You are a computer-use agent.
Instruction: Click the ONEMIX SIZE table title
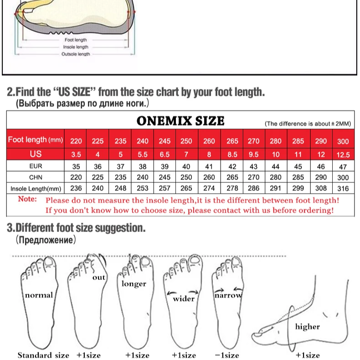(x=180, y=121)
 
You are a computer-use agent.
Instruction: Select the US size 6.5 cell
(x=165, y=154)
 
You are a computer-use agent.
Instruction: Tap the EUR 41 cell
(x=209, y=166)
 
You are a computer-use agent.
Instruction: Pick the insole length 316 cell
(x=343, y=189)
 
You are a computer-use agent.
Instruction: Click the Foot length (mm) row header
(x=36, y=139)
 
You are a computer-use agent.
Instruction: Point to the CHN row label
(x=36, y=177)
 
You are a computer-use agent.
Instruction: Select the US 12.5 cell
(x=343, y=155)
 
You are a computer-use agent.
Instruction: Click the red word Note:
(x=27, y=199)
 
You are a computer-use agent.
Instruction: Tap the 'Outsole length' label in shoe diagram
(x=76, y=54)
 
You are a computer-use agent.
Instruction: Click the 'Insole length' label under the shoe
(x=76, y=47)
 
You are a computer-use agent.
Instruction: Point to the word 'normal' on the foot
(x=39, y=295)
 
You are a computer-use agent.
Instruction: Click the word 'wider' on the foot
(x=184, y=298)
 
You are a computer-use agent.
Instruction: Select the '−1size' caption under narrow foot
(x=227, y=355)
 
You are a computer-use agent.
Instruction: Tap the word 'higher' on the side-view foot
(x=308, y=326)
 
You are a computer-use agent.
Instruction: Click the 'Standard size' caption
(x=43, y=355)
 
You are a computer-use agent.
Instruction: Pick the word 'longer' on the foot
(x=134, y=284)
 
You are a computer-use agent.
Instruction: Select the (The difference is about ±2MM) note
(x=308, y=124)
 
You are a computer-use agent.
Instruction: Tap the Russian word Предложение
(x=46, y=240)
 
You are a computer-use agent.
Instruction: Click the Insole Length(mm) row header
(x=36, y=189)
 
